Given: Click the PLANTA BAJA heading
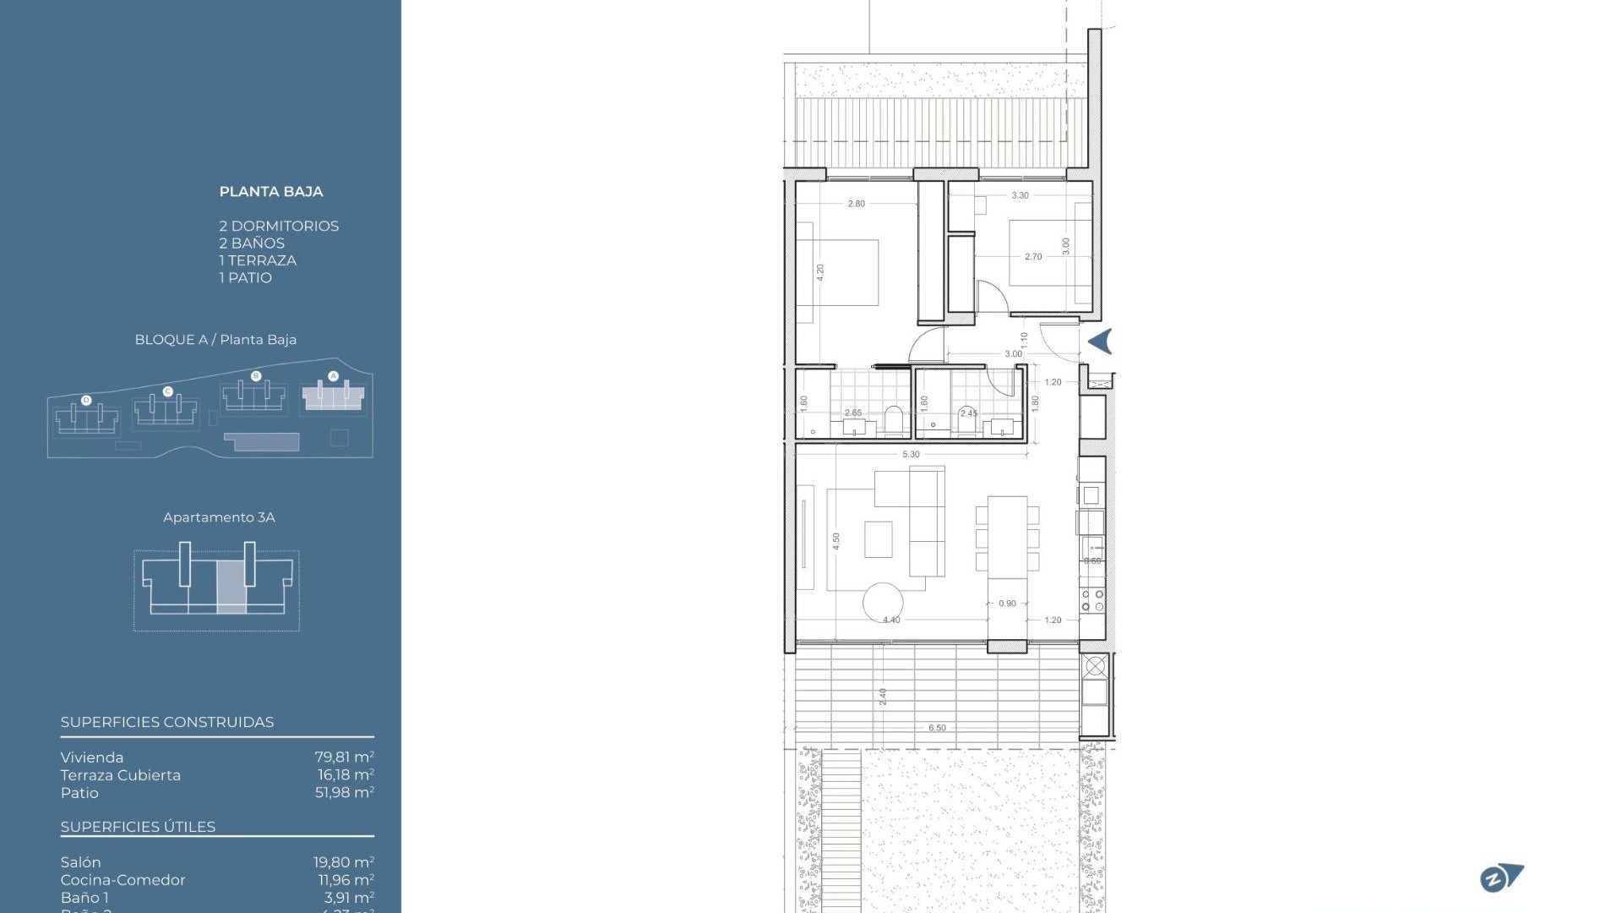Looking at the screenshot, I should coord(271,192).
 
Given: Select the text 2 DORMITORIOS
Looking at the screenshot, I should coord(279,226).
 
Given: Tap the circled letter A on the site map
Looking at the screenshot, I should coord(333,376).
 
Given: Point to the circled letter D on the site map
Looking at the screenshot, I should coord(86,400).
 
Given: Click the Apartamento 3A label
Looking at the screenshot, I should coord(219,517).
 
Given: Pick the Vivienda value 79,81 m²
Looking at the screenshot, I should coord(344,757).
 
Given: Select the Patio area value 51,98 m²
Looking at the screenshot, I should coord(344,793).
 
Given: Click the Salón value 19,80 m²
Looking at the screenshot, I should coord(343,862).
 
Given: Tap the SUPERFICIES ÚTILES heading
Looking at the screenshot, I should coord(138,827).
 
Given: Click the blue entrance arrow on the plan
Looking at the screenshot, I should coord(1100,342).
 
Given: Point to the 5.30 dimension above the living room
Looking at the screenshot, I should coord(911,454).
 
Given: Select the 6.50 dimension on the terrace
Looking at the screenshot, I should coord(937,728).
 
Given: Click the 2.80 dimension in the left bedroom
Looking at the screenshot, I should coord(856,204).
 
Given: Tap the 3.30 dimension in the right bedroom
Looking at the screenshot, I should coord(1020,195).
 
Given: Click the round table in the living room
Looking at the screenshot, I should coord(883,603).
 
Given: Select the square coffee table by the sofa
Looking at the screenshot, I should coord(879,539).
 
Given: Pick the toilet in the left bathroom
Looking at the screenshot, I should coord(893,420).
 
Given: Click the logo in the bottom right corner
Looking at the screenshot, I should coord(1501,877).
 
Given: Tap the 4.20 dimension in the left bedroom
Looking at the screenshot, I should coord(819,272).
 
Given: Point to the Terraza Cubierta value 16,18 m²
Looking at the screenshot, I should coord(345,775).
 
